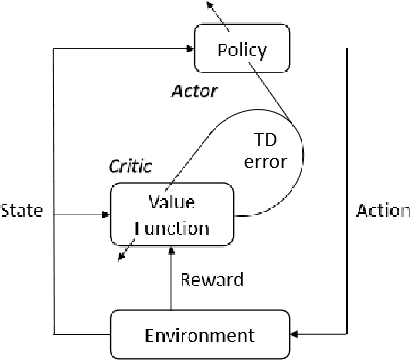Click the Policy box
(242, 50)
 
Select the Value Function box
(172, 215)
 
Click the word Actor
(193, 92)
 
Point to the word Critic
(130, 166)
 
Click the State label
(23, 210)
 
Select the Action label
(383, 210)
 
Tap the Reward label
(211, 280)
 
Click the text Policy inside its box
(242, 51)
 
